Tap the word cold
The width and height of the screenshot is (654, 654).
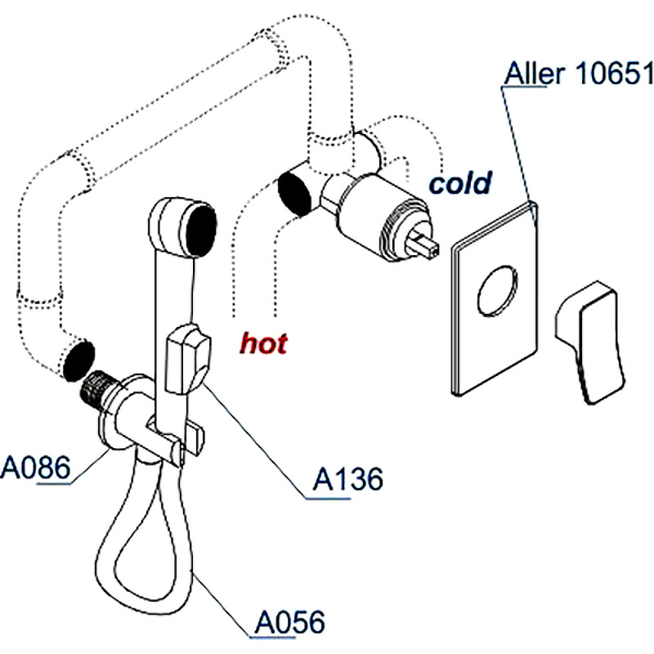pyautogui.click(x=461, y=182)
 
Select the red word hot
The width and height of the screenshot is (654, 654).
pyautogui.click(x=263, y=343)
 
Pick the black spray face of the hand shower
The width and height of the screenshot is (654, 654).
pyautogui.click(x=200, y=228)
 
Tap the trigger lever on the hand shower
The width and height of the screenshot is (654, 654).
pyautogui.click(x=187, y=358)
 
